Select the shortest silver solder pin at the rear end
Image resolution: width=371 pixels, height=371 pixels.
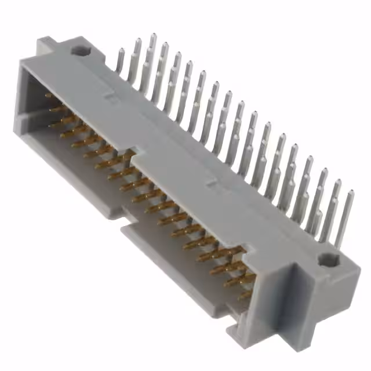pyautogui.click(x=120, y=60)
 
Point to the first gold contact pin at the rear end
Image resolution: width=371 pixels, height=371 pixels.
pyautogui.click(x=49, y=96)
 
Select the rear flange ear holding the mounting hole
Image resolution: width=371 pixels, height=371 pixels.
pyautogui.click(x=75, y=49)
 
